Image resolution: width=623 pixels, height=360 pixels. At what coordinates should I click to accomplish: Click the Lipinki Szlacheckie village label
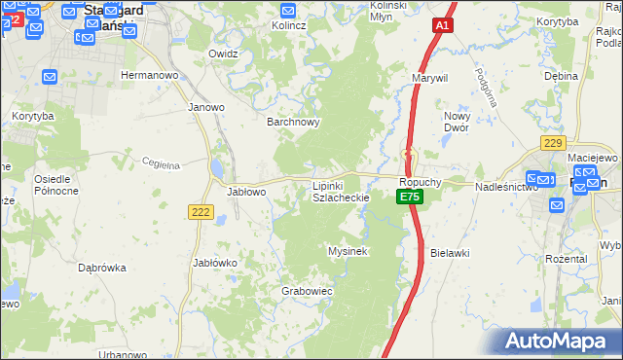[x=340, y=191]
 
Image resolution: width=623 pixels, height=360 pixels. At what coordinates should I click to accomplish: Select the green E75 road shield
[x=409, y=198]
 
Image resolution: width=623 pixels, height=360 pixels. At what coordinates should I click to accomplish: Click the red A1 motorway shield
[x=442, y=27]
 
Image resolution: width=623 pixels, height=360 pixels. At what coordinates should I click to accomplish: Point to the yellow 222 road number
[x=202, y=213]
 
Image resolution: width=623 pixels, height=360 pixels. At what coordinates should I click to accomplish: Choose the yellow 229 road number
[x=553, y=143]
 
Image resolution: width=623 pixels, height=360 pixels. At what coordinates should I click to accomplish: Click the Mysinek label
[x=347, y=251]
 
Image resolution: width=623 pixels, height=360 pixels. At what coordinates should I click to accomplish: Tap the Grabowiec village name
[x=307, y=290]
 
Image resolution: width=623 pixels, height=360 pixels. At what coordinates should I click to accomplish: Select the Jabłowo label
[x=246, y=192]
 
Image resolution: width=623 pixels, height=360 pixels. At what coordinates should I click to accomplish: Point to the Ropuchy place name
[x=421, y=182]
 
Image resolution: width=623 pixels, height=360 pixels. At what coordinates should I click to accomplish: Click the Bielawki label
[x=450, y=252]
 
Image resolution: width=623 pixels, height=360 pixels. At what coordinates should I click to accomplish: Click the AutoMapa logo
[x=559, y=341]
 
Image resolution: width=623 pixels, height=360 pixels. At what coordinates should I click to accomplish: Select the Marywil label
[x=429, y=77]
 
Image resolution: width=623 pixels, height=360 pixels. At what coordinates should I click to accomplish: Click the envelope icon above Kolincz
[x=288, y=10]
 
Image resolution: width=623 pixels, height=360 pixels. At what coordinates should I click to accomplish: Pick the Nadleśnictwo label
[x=506, y=186]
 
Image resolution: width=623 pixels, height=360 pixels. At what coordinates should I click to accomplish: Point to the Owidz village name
[x=223, y=54]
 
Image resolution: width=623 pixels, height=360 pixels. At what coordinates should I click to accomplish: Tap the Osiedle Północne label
[x=56, y=185]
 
